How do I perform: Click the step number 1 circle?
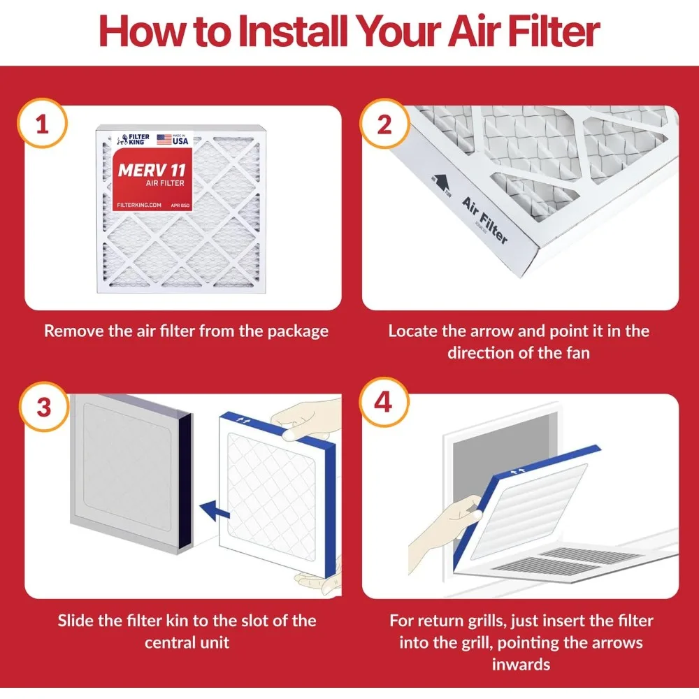coord(43,125)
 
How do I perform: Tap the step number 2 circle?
coord(384,125)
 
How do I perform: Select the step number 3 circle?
coord(43,407)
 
